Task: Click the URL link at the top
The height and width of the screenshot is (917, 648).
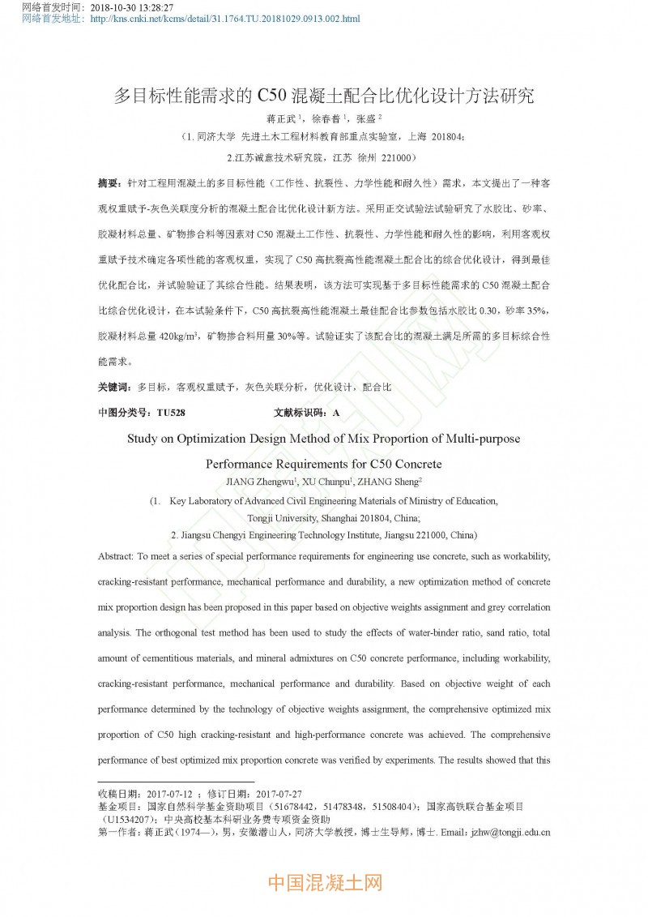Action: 224,19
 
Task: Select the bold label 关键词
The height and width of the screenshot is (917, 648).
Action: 113,388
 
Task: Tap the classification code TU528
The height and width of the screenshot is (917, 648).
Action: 171,413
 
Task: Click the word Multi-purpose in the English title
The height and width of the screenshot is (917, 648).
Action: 474,439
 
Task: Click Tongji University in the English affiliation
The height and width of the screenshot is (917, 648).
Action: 283,517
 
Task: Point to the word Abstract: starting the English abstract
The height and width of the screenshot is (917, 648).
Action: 116,557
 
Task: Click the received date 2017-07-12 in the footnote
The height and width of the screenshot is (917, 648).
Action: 168,794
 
